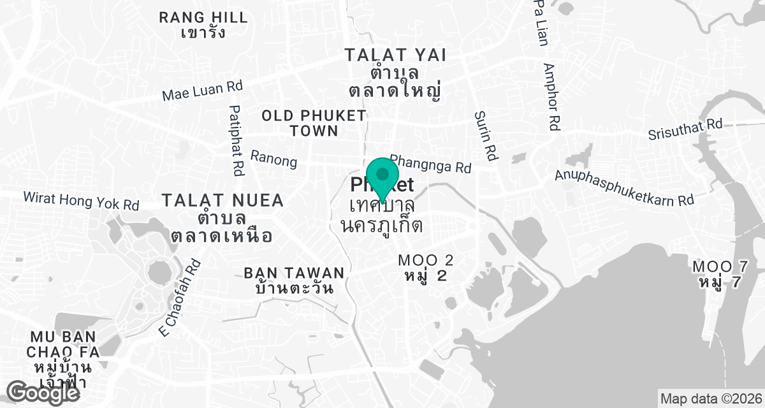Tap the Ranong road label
pyautogui.click(x=274, y=159)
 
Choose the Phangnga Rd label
pyautogui.click(x=430, y=164)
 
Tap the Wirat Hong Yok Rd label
pyautogui.click(x=81, y=201)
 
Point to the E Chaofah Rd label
pyautogui.click(x=180, y=298)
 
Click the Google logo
pyautogui.click(x=44, y=391)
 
